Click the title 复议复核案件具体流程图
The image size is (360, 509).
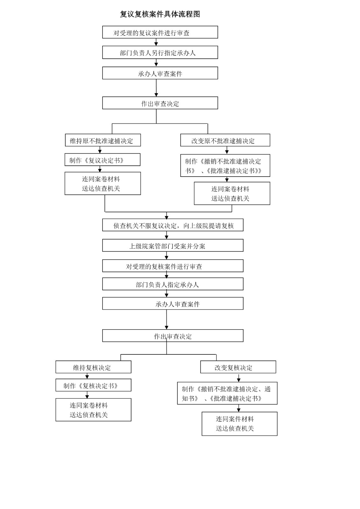click(x=160, y=14)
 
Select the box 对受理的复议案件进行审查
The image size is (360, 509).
click(x=160, y=32)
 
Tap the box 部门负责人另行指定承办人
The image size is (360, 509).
click(x=160, y=52)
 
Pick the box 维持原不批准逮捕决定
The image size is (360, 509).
click(x=103, y=140)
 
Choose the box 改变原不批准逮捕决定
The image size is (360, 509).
click(x=225, y=140)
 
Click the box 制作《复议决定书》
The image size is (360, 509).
click(x=102, y=159)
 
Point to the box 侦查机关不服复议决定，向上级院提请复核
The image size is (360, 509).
click(x=173, y=225)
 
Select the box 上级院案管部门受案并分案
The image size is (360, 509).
click(x=173, y=245)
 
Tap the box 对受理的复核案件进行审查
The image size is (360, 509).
click(x=173, y=266)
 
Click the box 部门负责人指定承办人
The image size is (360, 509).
click(x=173, y=284)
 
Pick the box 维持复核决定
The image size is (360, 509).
click(x=94, y=367)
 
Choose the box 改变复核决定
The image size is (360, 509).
click(x=238, y=367)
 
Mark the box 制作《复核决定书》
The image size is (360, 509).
click(x=94, y=385)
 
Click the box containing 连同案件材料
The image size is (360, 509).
click(x=239, y=424)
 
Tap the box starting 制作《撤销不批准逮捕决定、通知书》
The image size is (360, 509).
click(x=227, y=393)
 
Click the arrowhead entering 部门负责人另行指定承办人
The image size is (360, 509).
click(x=156, y=44)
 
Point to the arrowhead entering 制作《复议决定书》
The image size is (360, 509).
click(x=100, y=151)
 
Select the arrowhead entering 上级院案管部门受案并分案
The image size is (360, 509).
click(x=166, y=237)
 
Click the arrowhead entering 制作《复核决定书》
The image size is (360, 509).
click(x=87, y=377)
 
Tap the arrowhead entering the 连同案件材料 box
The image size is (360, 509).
click(x=238, y=410)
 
